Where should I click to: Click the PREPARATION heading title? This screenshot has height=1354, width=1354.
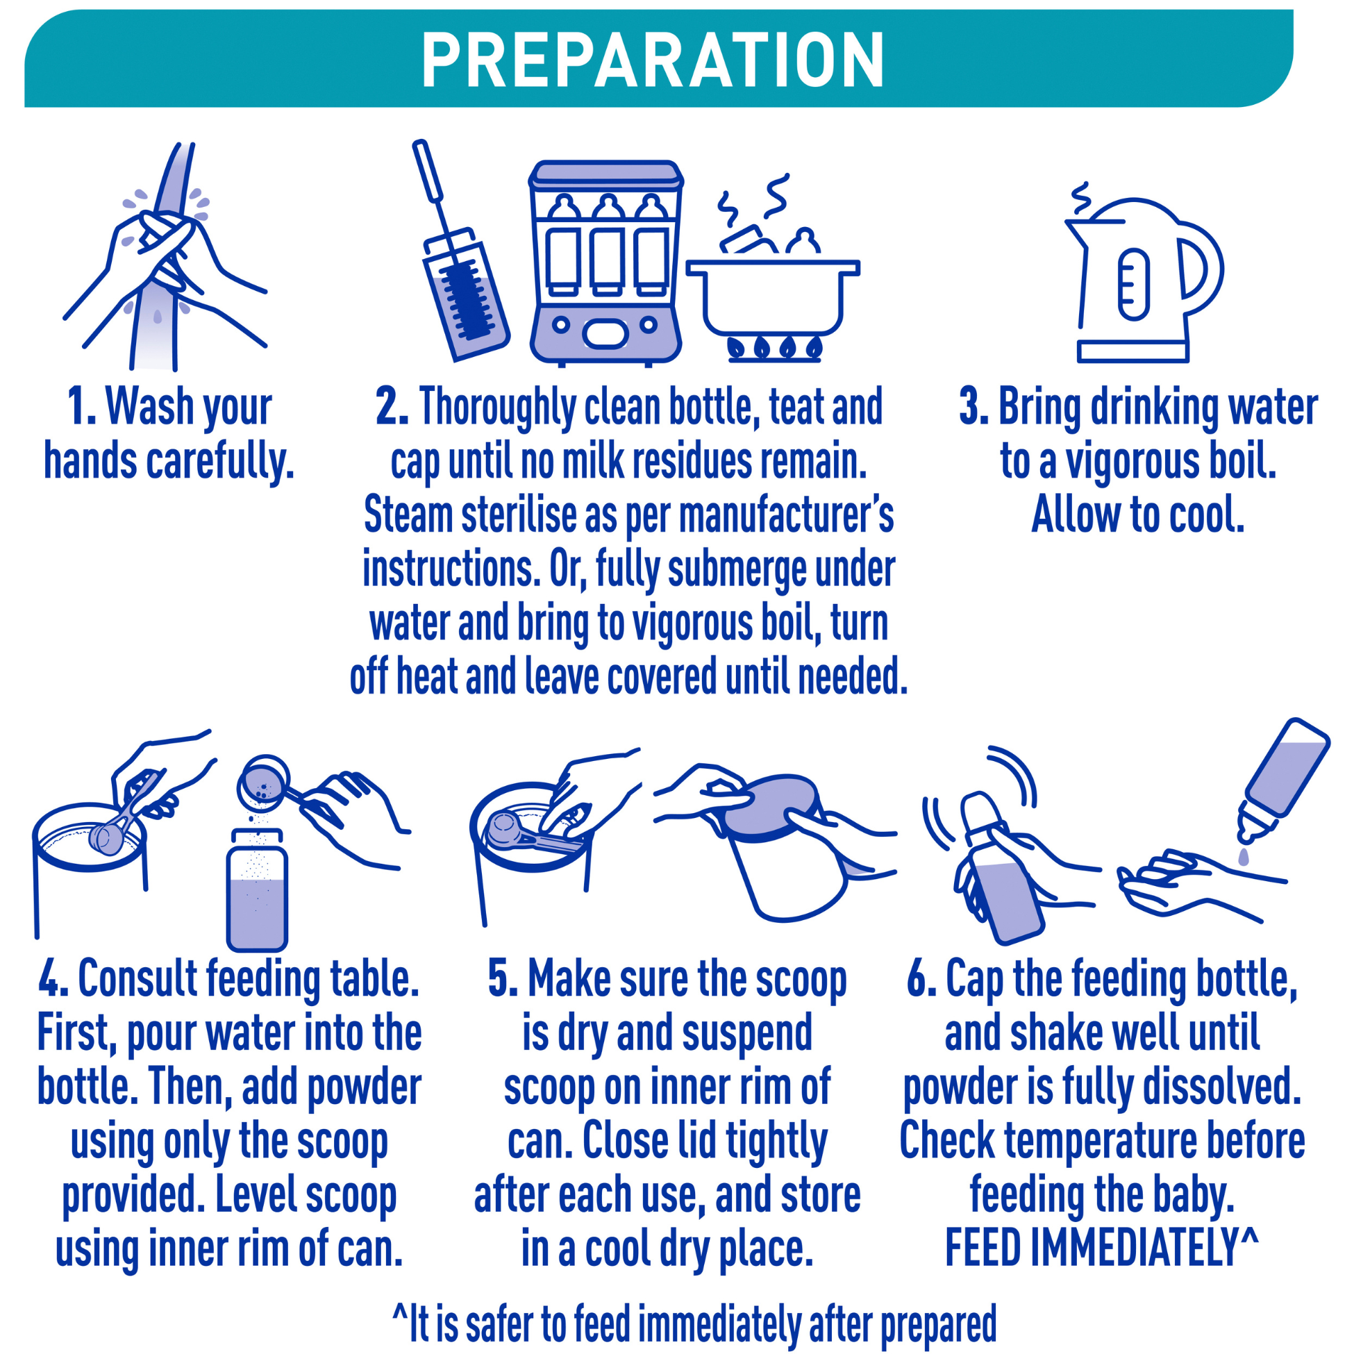[x=653, y=61]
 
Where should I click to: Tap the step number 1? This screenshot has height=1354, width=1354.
[x=81, y=406]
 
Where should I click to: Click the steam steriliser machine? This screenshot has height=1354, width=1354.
[x=605, y=262]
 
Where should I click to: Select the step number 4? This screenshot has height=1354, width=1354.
[x=53, y=979]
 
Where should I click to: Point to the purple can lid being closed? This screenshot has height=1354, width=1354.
[x=770, y=808]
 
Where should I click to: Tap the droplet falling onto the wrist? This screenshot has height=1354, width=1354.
[x=1244, y=856]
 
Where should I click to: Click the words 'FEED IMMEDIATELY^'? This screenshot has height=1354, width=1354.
[x=1102, y=1248]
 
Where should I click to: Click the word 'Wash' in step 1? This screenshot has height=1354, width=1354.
[x=149, y=406]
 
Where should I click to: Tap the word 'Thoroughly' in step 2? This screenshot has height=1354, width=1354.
[x=497, y=408]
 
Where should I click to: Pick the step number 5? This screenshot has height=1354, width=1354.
[x=502, y=979]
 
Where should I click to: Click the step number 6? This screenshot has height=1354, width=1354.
[x=921, y=979]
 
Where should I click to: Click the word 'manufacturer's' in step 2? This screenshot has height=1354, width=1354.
[x=785, y=516]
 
